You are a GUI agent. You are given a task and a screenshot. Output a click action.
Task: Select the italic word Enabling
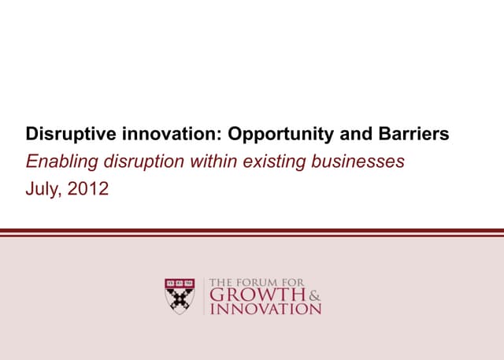tap(59, 162)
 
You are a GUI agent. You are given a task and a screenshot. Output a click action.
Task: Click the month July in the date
tap(44, 190)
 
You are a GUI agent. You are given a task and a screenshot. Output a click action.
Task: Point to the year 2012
tap(89, 190)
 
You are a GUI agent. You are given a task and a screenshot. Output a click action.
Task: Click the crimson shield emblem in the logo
tap(180, 295)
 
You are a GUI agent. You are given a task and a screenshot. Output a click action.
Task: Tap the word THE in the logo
tap(220, 282)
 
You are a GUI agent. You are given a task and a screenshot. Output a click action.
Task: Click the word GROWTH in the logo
tap(256, 295)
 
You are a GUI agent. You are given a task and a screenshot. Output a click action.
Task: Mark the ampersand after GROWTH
tap(315, 295)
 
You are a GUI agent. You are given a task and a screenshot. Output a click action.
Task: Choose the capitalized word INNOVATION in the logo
tap(264, 309)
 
